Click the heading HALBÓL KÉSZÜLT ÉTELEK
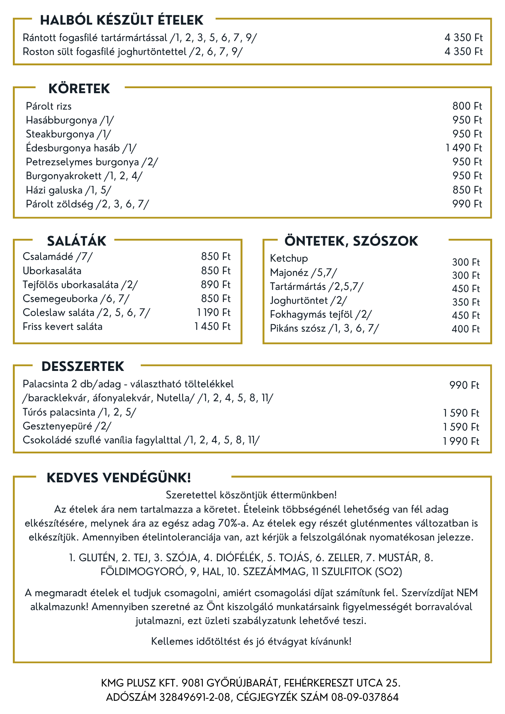click(x=122, y=20)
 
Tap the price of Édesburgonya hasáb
click(x=464, y=148)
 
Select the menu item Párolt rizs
click(x=49, y=106)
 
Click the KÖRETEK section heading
click(x=79, y=89)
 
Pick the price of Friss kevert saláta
click(x=212, y=326)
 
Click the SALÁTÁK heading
click(x=76, y=241)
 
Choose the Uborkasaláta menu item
click(x=52, y=271)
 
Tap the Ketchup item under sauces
click(x=289, y=258)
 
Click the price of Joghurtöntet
click(x=466, y=302)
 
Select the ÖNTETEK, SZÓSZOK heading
click(x=351, y=241)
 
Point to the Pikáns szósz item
click(x=324, y=328)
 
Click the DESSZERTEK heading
click(x=82, y=366)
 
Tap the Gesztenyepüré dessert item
click(x=67, y=426)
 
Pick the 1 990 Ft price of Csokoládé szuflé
click(x=461, y=441)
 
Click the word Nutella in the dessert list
click(x=173, y=398)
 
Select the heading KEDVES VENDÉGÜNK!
click(x=119, y=478)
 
